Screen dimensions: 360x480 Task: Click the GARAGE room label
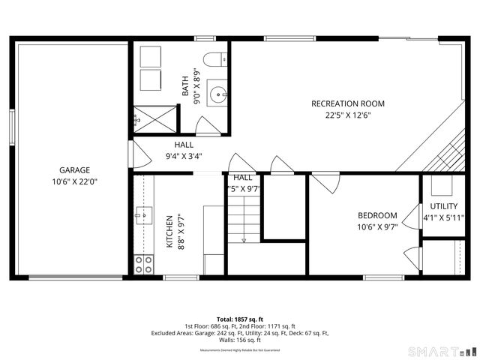pyautogui.click(x=74, y=169)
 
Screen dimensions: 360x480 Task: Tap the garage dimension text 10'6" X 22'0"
pyautogui.click(x=74, y=181)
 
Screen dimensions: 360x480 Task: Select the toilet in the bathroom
pyautogui.click(x=214, y=61)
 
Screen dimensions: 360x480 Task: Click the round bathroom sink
pyautogui.click(x=216, y=94)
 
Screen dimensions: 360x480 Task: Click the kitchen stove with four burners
pyautogui.click(x=142, y=264)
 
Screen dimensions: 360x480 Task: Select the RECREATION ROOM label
pyautogui.click(x=348, y=103)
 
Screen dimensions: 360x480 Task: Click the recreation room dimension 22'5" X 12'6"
pyautogui.click(x=348, y=115)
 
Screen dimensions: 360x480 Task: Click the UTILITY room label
pyautogui.click(x=442, y=206)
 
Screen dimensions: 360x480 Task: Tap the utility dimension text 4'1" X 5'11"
pyautogui.click(x=442, y=218)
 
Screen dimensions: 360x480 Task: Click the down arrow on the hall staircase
pyautogui.click(x=244, y=238)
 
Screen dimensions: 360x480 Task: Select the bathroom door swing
pyautogui.click(x=208, y=126)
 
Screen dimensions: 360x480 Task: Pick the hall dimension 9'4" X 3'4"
pyautogui.click(x=184, y=157)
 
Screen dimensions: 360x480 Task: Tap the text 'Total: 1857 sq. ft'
pyautogui.click(x=239, y=319)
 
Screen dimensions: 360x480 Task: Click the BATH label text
pyautogui.click(x=185, y=88)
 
